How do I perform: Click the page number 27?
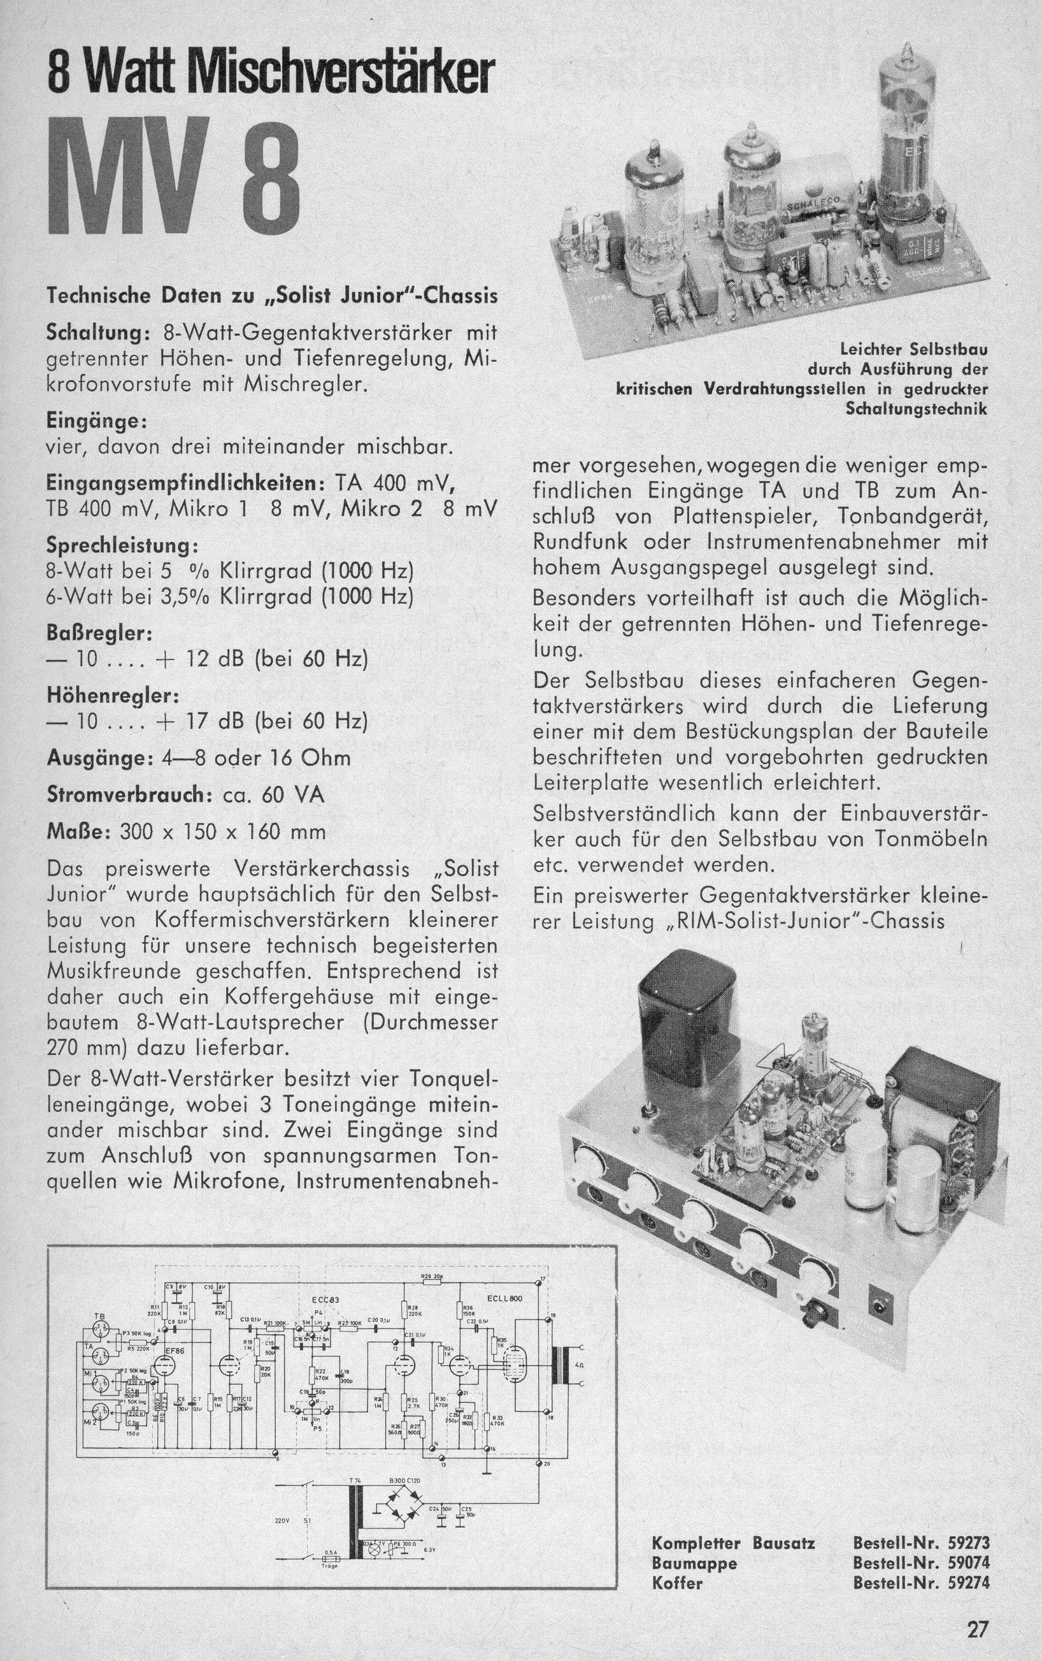pyautogui.click(x=976, y=1630)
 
